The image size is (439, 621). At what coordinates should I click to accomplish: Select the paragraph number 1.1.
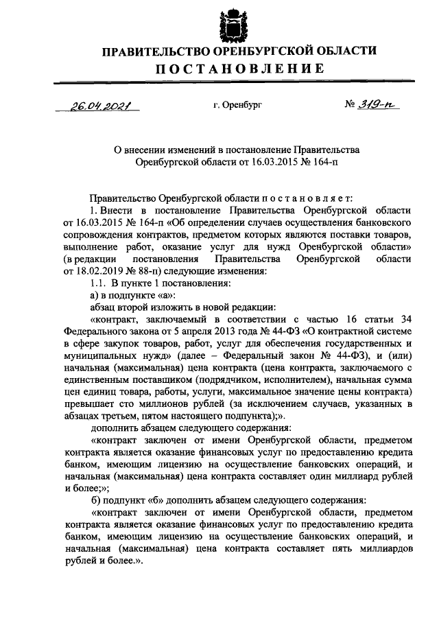coord(99,283)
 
